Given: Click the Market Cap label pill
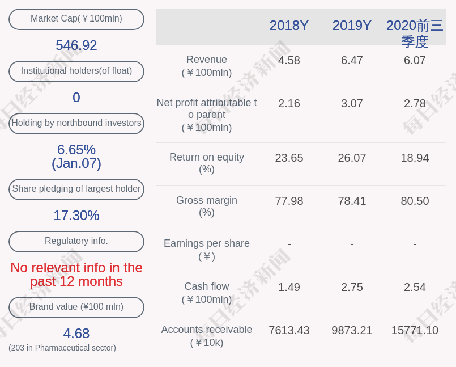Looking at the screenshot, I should coord(76,19).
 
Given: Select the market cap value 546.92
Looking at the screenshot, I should coord(76,45).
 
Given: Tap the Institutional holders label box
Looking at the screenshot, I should coord(76,71).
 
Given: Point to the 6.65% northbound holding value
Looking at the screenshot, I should coord(76,150).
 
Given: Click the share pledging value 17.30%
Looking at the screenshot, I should coord(76,216).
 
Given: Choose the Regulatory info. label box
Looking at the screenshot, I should coord(76,241).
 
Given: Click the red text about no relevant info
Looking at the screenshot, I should coord(76,275).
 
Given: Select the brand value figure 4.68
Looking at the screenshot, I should coord(76,334).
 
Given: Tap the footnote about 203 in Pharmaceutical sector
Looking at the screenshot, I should coord(62,348).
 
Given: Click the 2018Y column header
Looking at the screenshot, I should coord(289,26).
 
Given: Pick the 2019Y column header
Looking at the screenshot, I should coord(352,26).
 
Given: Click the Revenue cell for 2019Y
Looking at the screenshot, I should coord(352,60).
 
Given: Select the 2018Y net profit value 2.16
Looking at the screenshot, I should coord(289,103).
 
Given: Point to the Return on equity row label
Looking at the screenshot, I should coord(207,163).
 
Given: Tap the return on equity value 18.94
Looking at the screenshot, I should coord(415,158).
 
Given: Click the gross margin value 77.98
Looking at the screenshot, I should coord(289,201).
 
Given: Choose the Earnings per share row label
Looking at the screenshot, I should coord(207,250).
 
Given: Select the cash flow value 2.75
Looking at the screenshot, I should coord(352,287).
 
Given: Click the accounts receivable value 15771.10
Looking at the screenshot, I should coord(415,330).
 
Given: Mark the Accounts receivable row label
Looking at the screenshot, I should coord(207,336).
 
